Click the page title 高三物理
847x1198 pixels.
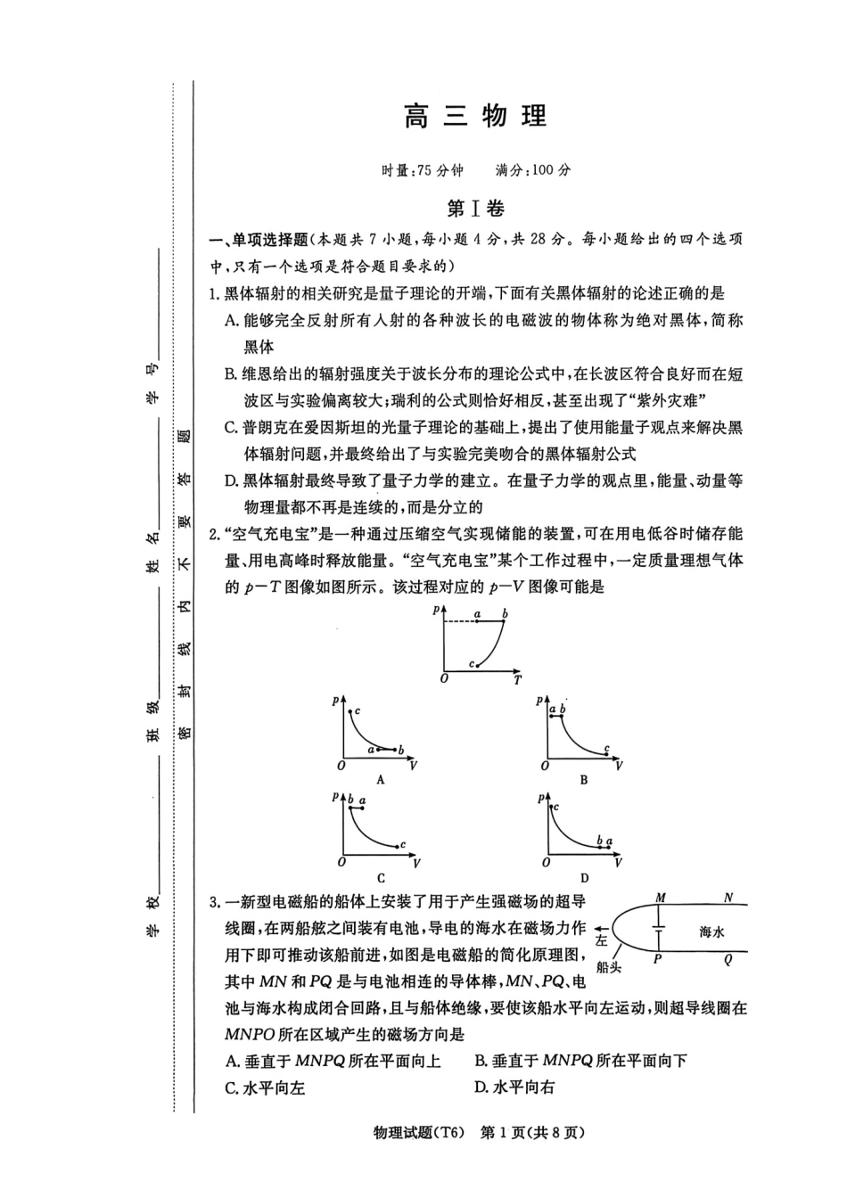[x=475, y=117]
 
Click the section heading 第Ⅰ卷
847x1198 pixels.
[x=475, y=209]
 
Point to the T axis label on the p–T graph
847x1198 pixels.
[x=517, y=680]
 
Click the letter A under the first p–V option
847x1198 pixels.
[x=380, y=779]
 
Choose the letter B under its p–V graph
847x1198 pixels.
[x=584, y=779]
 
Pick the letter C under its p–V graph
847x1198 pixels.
[x=381, y=877]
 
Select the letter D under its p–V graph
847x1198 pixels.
[x=584, y=877]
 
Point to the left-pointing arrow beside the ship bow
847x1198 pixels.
[x=606, y=927]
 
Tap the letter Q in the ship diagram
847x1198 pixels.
[x=728, y=960]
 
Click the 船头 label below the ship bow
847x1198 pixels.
[x=609, y=967]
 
